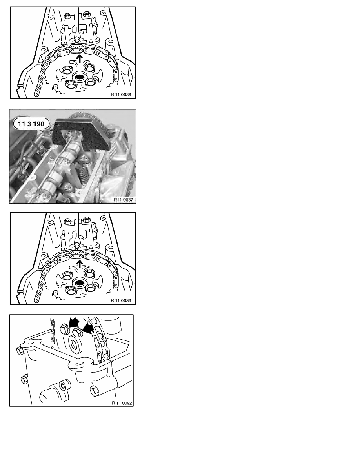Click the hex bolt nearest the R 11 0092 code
point(94,391)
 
